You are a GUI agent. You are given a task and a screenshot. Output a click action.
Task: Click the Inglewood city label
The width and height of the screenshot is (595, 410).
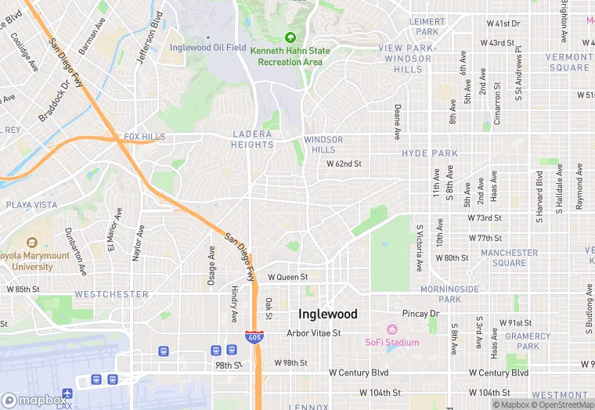[x=328, y=314]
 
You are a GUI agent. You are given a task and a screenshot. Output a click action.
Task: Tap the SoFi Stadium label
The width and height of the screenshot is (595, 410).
[x=392, y=342]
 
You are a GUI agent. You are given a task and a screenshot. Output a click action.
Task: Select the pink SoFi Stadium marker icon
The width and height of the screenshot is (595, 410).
[x=392, y=329]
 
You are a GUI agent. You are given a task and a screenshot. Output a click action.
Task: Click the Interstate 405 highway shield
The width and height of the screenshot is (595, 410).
[x=258, y=336]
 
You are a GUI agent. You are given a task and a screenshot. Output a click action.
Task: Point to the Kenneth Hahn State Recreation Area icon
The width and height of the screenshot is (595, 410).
[x=290, y=37]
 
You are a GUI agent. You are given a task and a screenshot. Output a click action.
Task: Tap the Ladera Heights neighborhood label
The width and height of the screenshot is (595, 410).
[x=252, y=139]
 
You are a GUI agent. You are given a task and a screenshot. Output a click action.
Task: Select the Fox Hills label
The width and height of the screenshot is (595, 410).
[x=145, y=137]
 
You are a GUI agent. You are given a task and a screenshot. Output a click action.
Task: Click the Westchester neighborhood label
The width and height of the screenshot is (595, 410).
[x=111, y=294]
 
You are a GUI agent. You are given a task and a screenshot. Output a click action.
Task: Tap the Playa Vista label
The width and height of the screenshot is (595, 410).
[x=31, y=205]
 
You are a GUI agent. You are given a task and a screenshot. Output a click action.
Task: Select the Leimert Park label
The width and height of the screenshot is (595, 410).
[x=427, y=27]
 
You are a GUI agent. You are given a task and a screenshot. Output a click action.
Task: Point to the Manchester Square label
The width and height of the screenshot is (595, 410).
[x=509, y=257]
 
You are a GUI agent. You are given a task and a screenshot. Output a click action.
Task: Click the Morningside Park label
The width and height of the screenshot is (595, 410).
[x=449, y=293]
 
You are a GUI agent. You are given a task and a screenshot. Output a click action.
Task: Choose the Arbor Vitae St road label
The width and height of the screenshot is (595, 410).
[x=314, y=333]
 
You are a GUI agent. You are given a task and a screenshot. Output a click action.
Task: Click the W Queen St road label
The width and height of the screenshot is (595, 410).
[x=287, y=277]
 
